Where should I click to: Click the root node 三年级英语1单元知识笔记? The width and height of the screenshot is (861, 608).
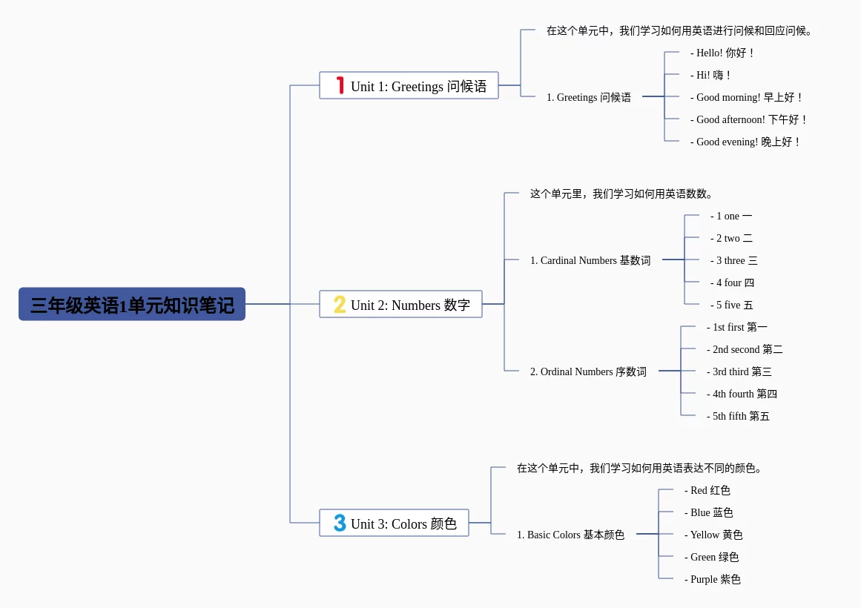click(132, 305)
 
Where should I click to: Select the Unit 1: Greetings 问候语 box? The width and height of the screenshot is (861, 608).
click(409, 86)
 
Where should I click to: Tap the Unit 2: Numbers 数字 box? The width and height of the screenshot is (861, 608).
click(400, 305)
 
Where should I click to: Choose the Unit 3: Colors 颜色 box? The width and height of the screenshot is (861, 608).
click(394, 523)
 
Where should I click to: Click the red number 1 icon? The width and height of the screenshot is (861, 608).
click(340, 86)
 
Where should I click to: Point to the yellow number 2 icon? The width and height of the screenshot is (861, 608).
click(340, 305)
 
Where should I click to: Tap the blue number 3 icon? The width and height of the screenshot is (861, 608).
click(340, 523)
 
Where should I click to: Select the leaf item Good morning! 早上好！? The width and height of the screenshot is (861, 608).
click(747, 97)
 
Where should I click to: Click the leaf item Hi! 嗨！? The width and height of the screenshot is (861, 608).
click(711, 75)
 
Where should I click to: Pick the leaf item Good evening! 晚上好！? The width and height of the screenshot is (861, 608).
click(746, 142)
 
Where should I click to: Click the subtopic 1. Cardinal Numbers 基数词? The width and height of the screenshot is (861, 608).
click(590, 260)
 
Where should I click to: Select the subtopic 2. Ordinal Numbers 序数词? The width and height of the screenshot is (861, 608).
click(588, 371)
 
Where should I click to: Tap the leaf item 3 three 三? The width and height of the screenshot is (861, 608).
click(733, 260)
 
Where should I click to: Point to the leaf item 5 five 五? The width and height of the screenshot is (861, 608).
click(731, 305)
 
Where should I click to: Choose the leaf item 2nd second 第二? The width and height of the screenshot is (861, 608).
click(745, 349)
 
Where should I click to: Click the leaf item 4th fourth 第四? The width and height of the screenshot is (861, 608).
click(742, 394)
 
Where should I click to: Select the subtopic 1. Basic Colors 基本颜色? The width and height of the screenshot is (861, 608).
click(570, 535)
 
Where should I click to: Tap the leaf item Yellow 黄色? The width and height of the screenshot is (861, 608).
click(713, 535)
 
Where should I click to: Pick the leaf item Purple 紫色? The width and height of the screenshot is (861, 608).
click(712, 579)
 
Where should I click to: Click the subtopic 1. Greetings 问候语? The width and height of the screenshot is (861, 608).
click(589, 97)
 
